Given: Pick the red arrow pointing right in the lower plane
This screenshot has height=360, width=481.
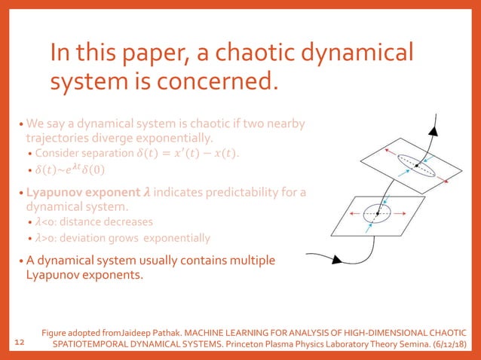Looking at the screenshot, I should (406, 214).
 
